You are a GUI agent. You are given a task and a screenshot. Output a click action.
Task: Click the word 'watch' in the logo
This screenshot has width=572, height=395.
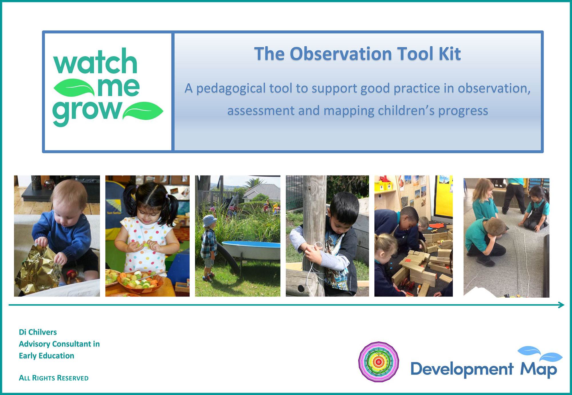[95, 62]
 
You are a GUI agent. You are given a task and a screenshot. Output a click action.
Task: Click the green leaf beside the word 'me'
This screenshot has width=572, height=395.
[74, 88]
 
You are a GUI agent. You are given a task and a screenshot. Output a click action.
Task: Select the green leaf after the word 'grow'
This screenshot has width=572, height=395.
[143, 111]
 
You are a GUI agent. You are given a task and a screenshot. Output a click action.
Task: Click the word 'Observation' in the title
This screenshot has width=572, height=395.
[341, 54]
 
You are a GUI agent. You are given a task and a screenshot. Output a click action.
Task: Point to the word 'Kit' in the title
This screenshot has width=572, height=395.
[449, 54]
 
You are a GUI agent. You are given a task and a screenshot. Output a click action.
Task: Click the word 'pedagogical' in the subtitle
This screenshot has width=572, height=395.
[231, 89]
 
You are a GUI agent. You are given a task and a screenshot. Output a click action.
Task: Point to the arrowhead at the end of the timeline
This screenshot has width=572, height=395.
[561, 305]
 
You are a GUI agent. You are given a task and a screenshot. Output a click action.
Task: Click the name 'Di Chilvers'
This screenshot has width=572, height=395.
[38, 332]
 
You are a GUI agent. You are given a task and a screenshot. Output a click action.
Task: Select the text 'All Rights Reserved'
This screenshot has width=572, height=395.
[54, 378]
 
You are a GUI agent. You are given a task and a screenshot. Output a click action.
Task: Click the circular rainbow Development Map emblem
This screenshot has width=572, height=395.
[379, 361]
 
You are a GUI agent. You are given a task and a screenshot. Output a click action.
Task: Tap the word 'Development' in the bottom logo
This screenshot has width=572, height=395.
[462, 369]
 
